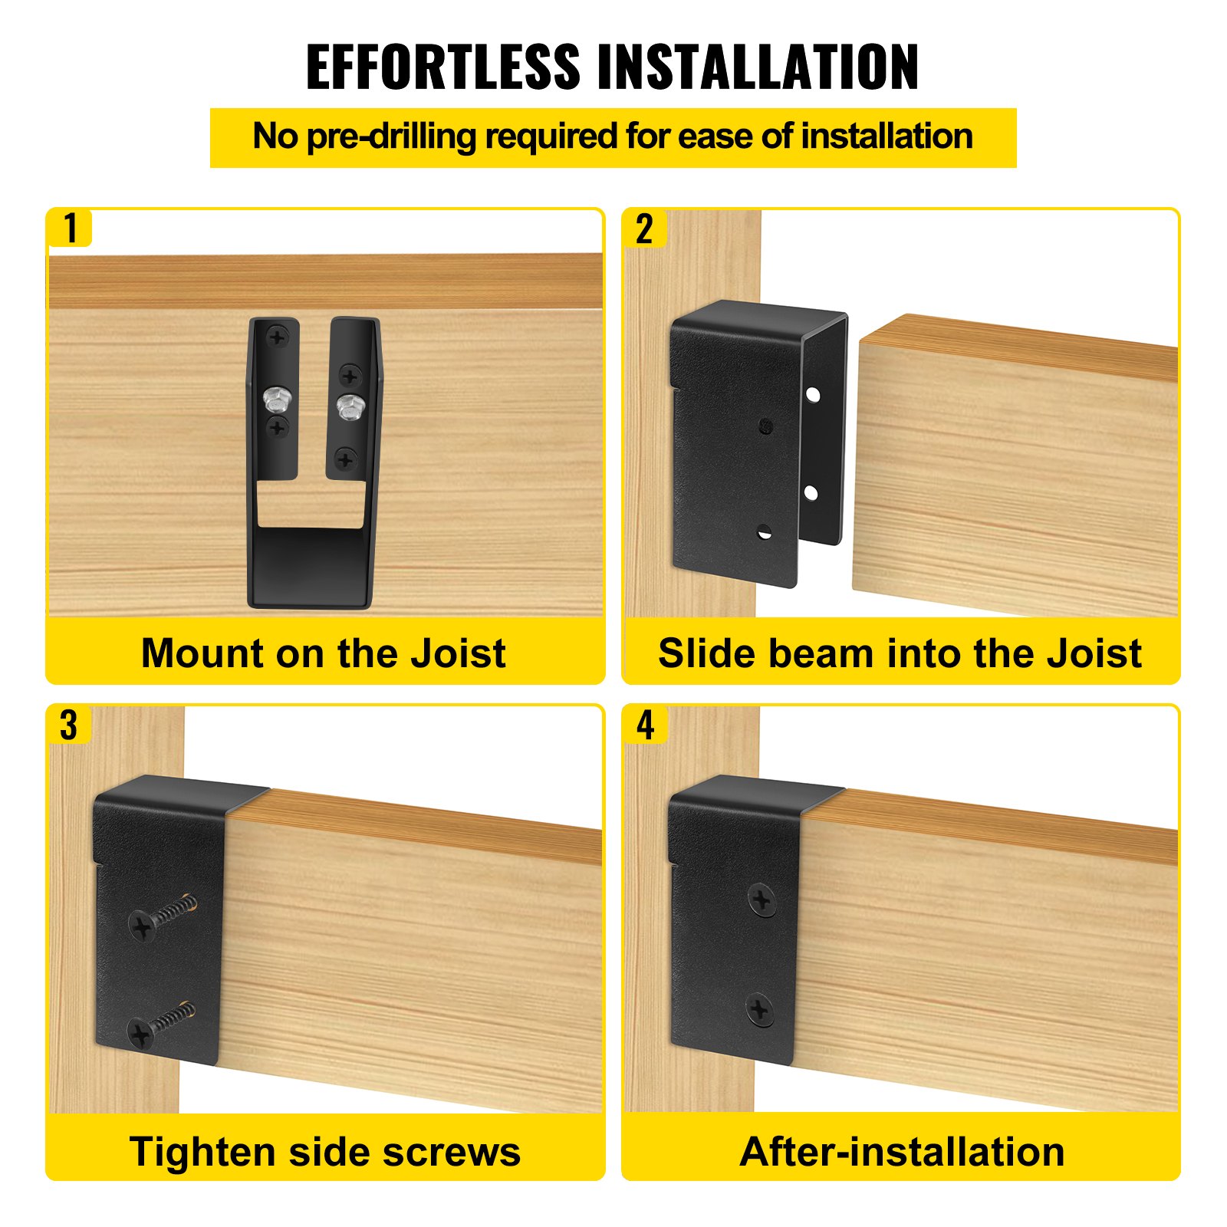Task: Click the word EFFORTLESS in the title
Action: [x=442, y=67]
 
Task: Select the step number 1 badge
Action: [x=71, y=229]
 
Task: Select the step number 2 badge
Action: [x=644, y=229]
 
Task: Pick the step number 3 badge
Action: [x=69, y=725]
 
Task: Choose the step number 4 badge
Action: [x=646, y=725]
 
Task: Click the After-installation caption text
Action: [x=902, y=1152]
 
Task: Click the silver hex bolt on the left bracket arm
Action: [x=275, y=398]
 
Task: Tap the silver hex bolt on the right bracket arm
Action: [x=350, y=405]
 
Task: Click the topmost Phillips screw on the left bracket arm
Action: [x=277, y=336]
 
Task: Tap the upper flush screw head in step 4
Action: [x=762, y=899]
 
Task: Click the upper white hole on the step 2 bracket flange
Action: [x=813, y=396]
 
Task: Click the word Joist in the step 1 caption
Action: [x=459, y=653]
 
